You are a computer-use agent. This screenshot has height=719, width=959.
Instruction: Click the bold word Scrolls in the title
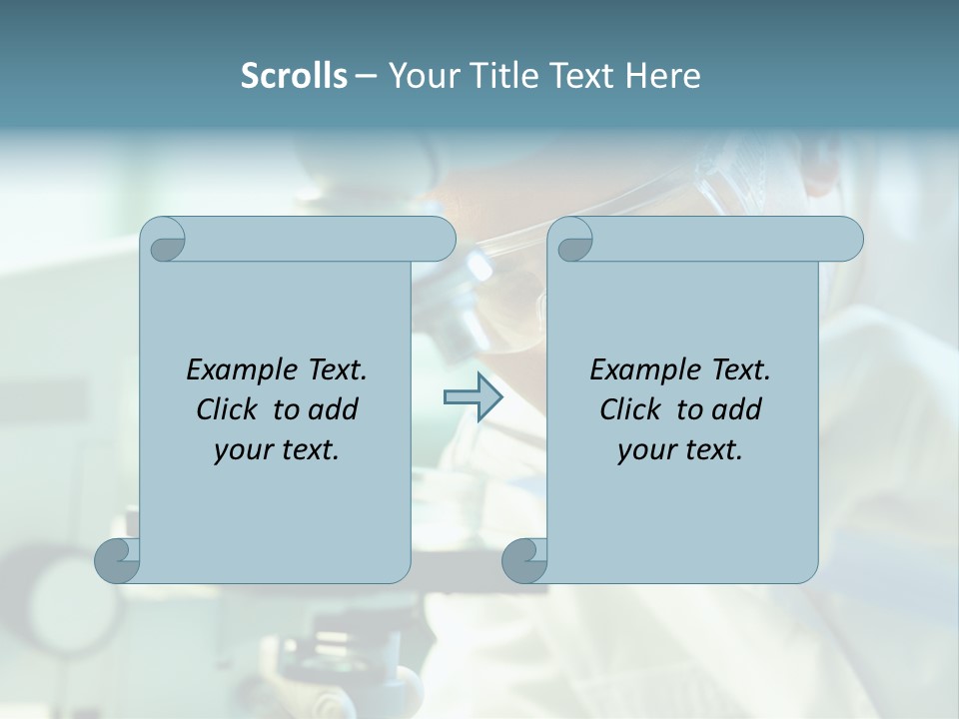[x=294, y=76]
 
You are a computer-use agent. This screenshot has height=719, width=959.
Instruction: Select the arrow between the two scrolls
[x=473, y=396]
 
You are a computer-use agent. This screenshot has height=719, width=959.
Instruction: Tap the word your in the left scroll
[x=243, y=451]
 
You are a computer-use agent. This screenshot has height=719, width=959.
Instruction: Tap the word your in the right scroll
[x=646, y=451]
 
